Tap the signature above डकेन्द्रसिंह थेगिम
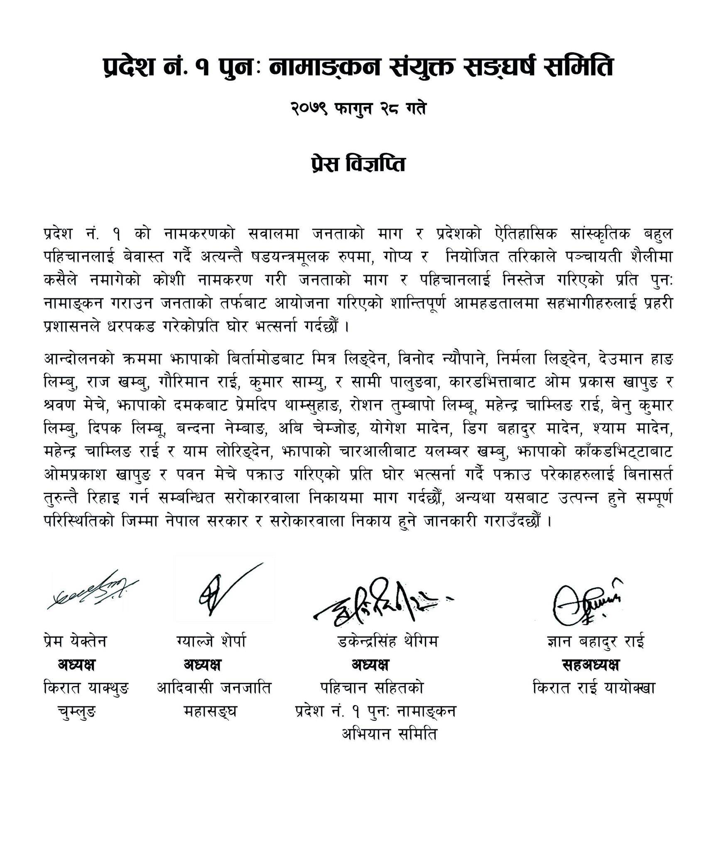(x=379, y=603)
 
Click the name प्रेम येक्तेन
(x=75, y=642)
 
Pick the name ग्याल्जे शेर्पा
(x=211, y=642)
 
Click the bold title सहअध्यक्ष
(x=590, y=665)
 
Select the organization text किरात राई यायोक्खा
(x=594, y=689)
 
